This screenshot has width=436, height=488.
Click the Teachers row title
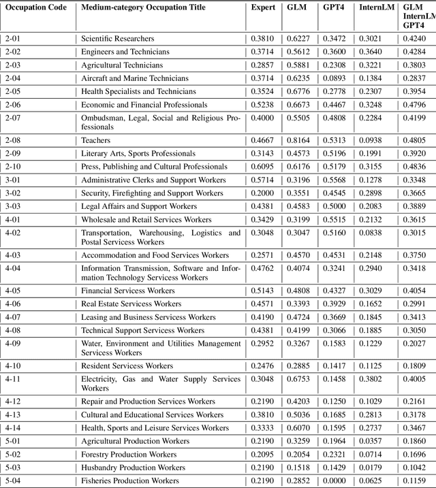[x=96, y=140]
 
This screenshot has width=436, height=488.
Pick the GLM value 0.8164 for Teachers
[x=296, y=140]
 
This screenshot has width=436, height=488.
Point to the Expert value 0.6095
[x=262, y=167]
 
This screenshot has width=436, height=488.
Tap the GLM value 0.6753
[x=296, y=379]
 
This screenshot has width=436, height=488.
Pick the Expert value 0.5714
[x=262, y=180]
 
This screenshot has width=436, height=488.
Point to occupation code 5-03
[x=13, y=468]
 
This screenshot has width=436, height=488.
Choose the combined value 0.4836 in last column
[x=417, y=167]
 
